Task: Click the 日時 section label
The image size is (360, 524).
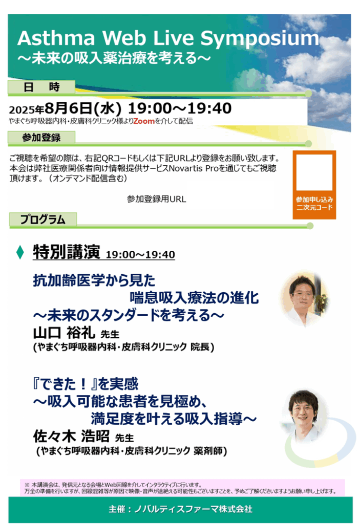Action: (x=41, y=87)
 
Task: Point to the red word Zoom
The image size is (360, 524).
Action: (x=144, y=121)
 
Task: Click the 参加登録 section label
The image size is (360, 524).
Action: (x=41, y=137)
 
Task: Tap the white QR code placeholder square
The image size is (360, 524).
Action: (x=314, y=172)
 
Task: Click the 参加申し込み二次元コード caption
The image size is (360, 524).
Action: (x=314, y=203)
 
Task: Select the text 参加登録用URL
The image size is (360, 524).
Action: (x=156, y=199)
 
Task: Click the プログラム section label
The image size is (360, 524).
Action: (x=43, y=219)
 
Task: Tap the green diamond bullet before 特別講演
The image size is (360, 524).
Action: (x=20, y=252)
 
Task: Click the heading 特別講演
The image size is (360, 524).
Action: (x=66, y=252)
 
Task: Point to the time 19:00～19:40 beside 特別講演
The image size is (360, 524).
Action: (x=140, y=254)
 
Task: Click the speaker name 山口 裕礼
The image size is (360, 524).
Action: (x=64, y=333)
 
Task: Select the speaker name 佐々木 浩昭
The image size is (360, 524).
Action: (x=71, y=436)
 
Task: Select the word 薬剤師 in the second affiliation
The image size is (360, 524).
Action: (x=208, y=451)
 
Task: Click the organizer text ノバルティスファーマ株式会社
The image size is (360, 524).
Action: (x=193, y=509)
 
